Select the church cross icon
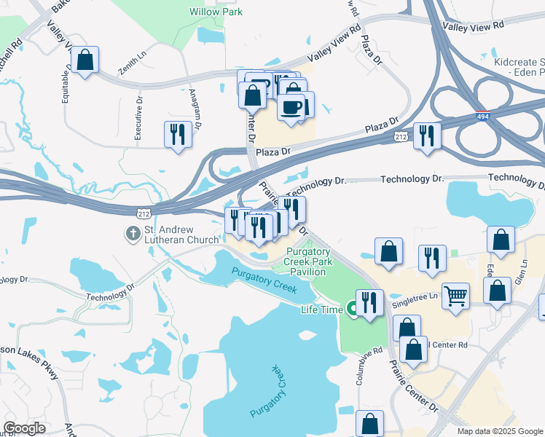132,234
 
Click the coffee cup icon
291,107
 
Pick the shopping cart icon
455,295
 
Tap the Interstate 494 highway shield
483,116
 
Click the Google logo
25,428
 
